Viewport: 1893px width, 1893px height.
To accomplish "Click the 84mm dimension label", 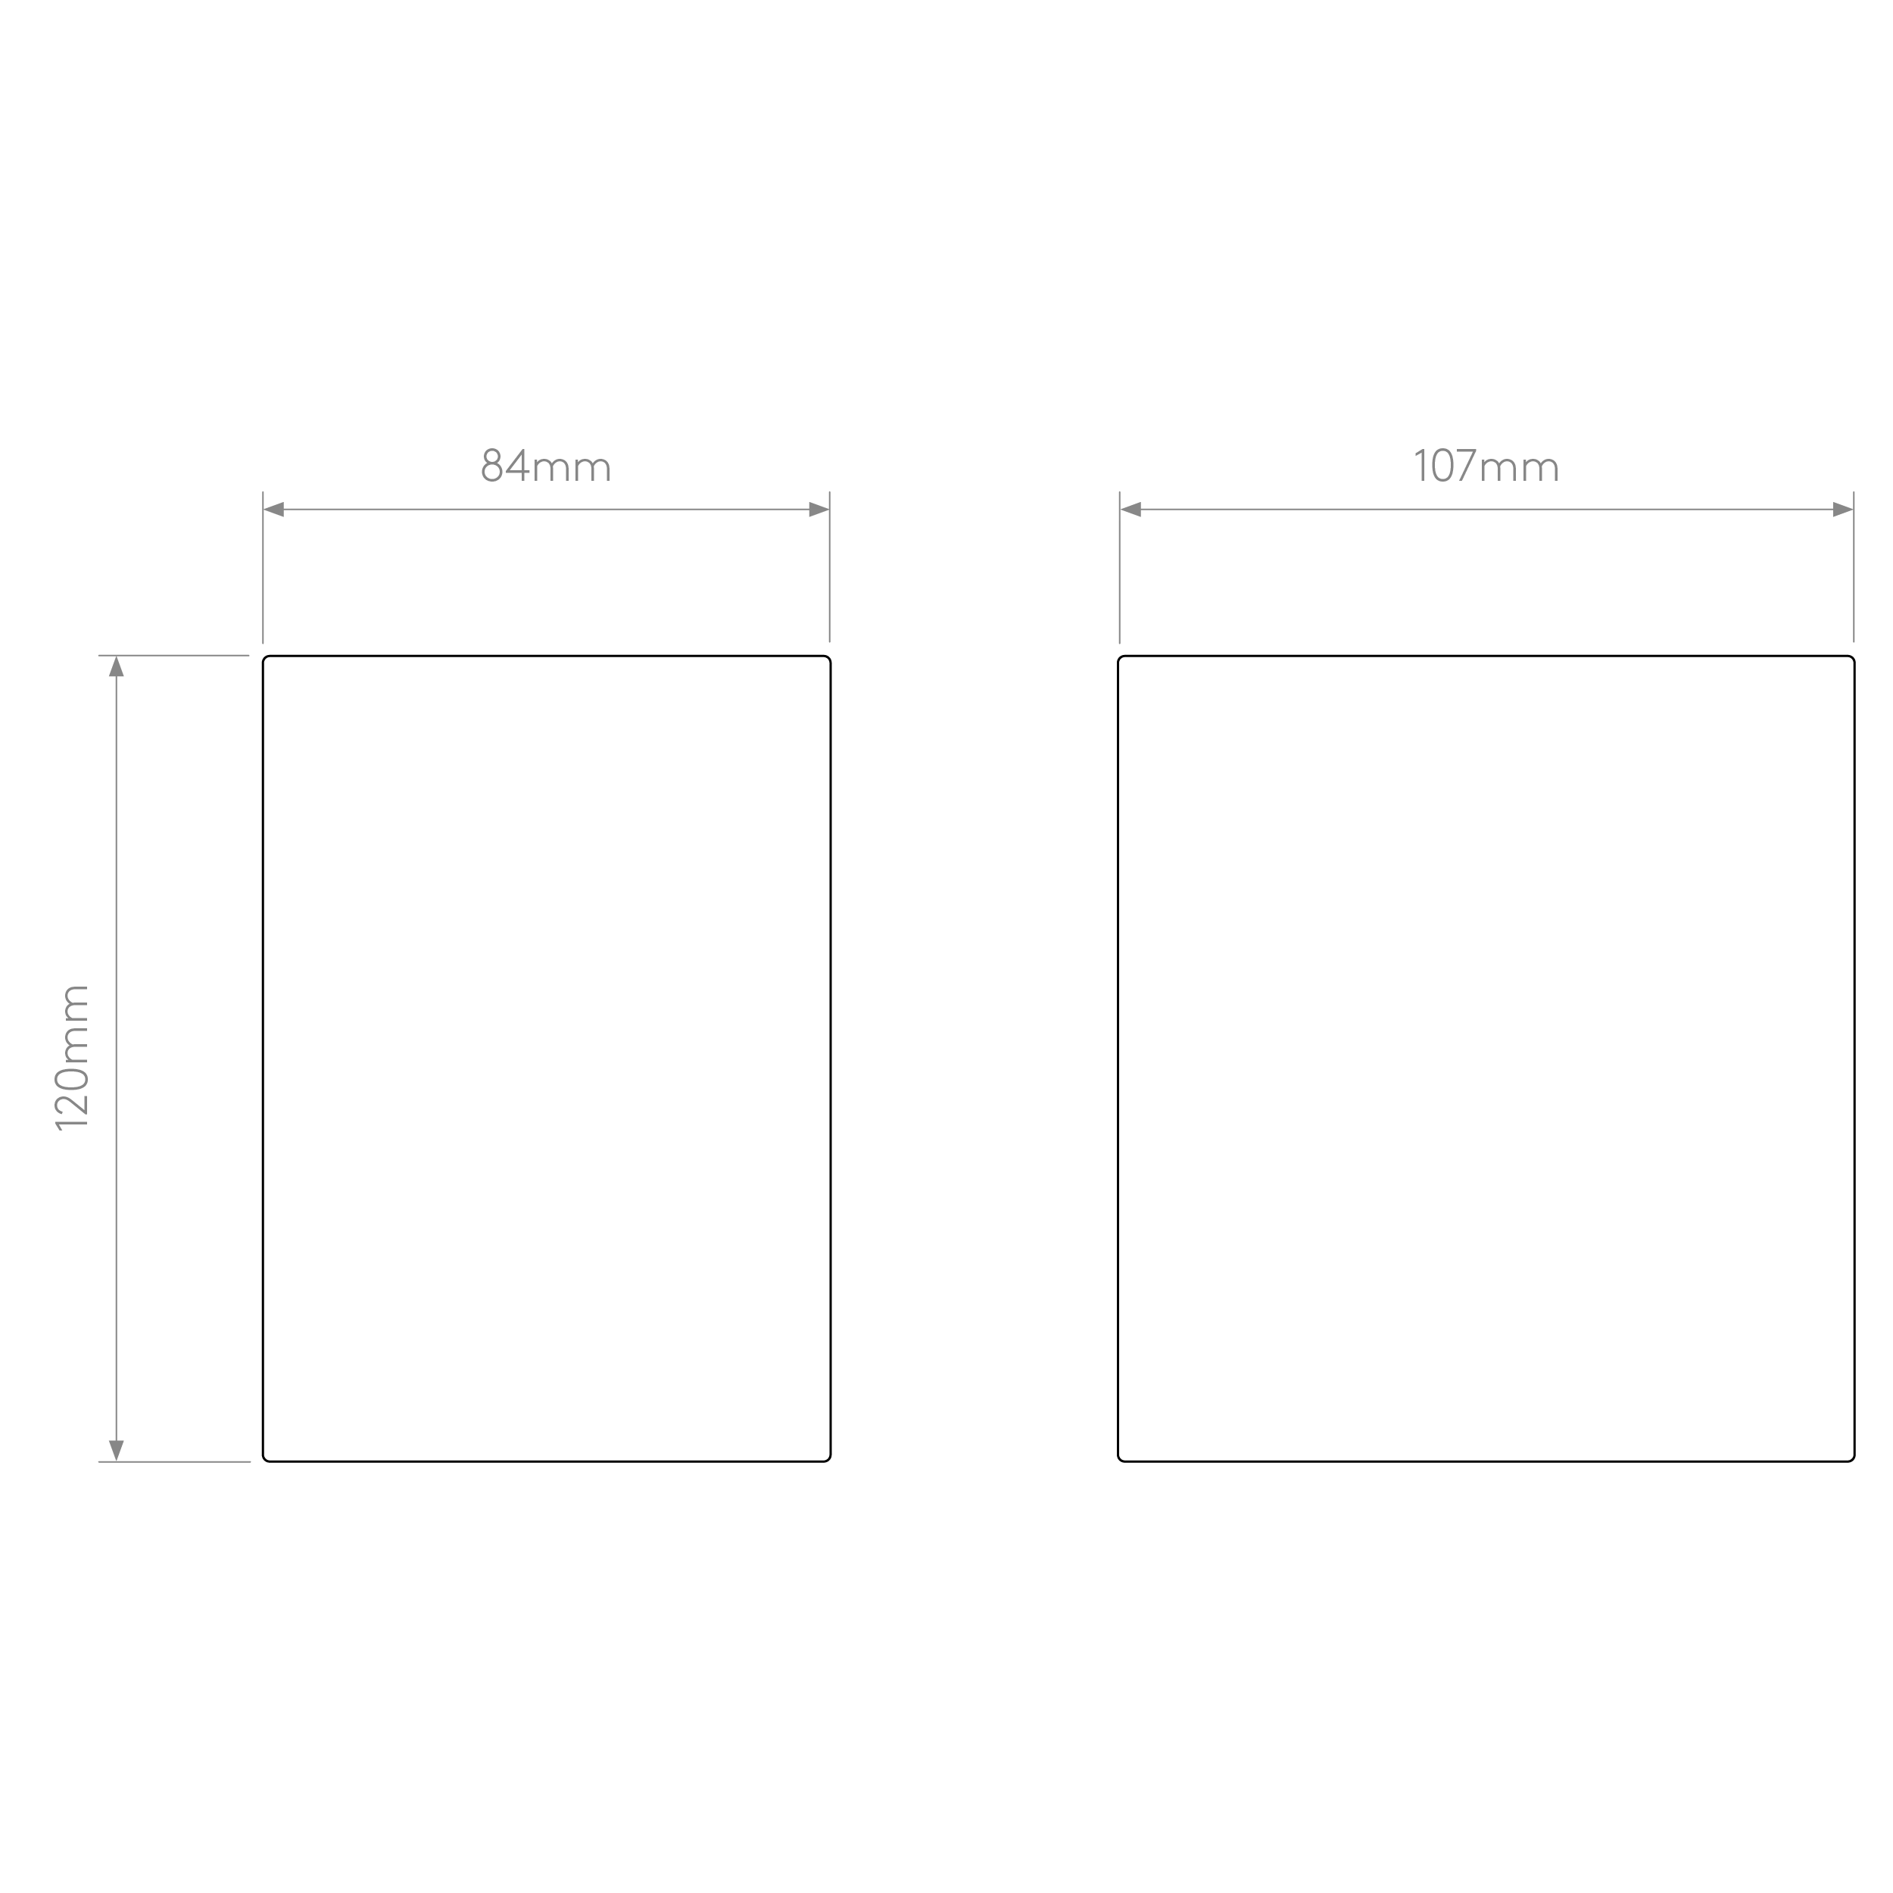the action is pyautogui.click(x=546, y=466).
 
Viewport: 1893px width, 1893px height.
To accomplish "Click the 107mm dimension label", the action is pyautogui.click(x=1486, y=466).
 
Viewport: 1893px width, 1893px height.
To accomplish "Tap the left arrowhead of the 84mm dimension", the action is pyautogui.click(x=273, y=510).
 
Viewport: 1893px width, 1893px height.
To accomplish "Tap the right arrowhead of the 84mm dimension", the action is pyautogui.click(x=819, y=510).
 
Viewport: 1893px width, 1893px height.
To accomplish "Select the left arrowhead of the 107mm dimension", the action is pyautogui.click(x=1130, y=510).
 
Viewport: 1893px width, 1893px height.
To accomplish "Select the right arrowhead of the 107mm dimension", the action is pyautogui.click(x=1843, y=510).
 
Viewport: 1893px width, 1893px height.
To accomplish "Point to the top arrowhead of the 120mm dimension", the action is pyautogui.click(x=117, y=666).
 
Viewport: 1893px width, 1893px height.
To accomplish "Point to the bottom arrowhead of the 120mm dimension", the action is pyautogui.click(x=117, y=1450).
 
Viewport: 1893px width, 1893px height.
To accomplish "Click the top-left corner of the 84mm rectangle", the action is pyautogui.click(x=264, y=656).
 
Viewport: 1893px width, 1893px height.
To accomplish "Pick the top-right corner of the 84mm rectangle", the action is pyautogui.click(x=830, y=656).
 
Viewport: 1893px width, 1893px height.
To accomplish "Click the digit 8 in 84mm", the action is pyautogui.click(x=492, y=466).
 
